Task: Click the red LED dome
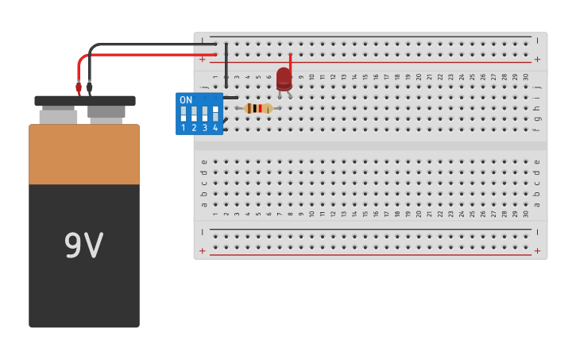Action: tap(284, 77)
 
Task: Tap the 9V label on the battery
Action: tap(83, 246)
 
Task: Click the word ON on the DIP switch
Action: tap(186, 100)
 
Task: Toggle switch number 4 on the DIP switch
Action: tap(215, 114)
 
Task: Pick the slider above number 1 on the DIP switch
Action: tap(184, 114)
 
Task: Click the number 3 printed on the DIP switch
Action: tap(204, 128)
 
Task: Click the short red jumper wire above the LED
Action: tap(291, 62)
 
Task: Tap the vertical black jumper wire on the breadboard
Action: tap(226, 68)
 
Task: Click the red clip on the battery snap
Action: tap(79, 87)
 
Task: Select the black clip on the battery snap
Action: tap(89, 87)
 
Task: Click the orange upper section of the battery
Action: tap(84, 154)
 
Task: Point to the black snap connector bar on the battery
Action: tap(84, 101)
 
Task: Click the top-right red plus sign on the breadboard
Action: tap(537, 59)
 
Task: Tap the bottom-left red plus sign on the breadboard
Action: tap(203, 251)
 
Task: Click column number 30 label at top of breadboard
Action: tap(525, 76)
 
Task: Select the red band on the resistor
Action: tap(260, 108)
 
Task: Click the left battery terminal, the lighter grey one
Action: tap(58, 116)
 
